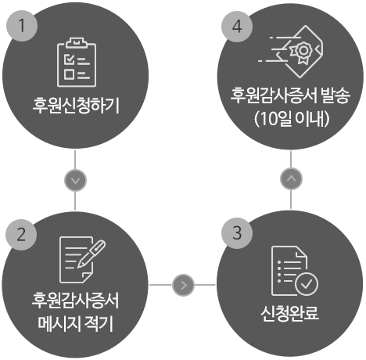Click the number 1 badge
(22, 26)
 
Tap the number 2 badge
(21, 235)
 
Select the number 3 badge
(237, 233)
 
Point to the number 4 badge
(237, 27)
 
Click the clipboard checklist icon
(77, 63)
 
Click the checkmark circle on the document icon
(307, 284)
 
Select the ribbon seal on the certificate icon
(303, 52)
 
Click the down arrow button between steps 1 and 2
(75, 180)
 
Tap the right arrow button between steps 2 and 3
(183, 285)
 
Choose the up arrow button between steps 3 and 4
(291, 178)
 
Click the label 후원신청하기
(76, 106)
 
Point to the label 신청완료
(289, 313)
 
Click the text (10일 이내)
(291, 119)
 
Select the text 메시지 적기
(75, 323)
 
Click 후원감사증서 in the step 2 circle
(75, 301)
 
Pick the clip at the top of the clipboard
(77, 43)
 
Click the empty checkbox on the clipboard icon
(69, 74)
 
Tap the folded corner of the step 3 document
(301, 252)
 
